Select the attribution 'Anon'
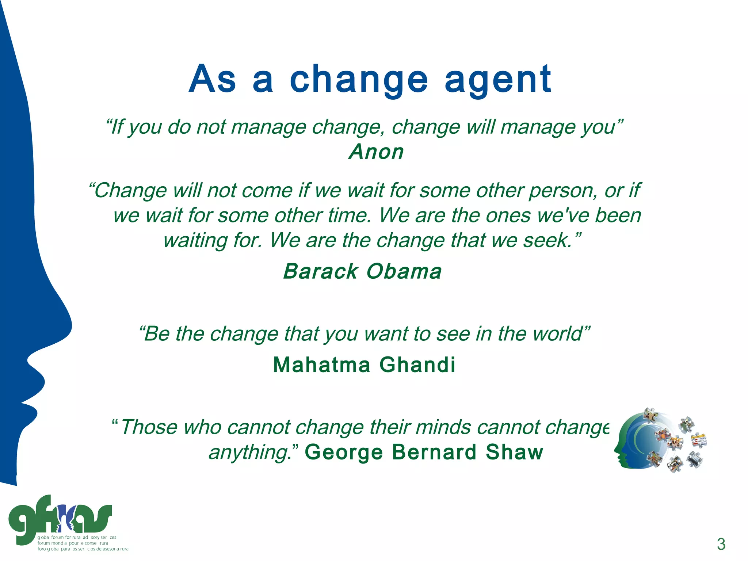pos(376,152)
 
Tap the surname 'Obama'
pos(404,271)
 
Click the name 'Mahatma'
pos(321,365)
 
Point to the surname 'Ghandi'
pos(417,365)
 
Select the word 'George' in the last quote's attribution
pos(344,452)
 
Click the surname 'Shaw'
pos(514,452)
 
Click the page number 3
pos(721,544)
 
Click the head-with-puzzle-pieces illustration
pos(659,441)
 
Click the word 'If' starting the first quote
pos(117,127)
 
